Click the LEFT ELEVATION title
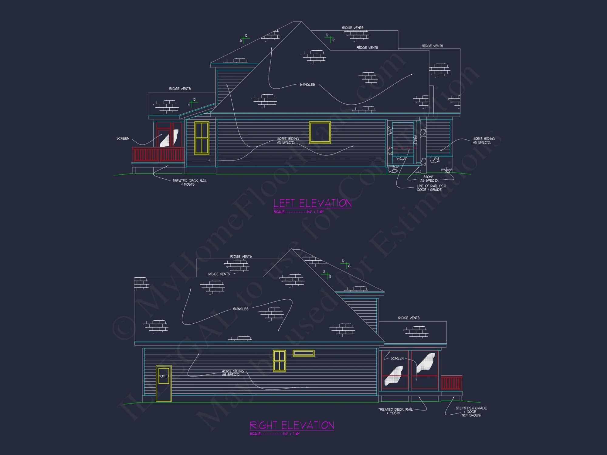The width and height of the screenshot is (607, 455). coord(313,203)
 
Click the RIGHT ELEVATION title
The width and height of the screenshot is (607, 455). coord(292,425)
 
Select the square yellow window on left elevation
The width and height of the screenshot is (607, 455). coord(320,132)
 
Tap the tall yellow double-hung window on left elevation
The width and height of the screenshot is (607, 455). coord(202,138)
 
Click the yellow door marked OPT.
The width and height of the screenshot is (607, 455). coord(164,383)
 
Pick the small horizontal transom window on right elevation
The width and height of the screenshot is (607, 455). coord(303,353)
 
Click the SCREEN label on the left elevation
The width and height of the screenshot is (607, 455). coord(123,138)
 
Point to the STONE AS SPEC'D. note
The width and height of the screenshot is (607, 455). coord(429,179)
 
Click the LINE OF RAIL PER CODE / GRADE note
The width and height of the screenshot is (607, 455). coord(431,188)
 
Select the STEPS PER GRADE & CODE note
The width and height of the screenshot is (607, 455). coord(471,412)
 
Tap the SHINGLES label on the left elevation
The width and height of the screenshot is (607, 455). coord(307,85)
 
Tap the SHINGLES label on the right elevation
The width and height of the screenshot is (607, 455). coord(241,309)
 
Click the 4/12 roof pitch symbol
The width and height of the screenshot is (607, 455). coord(192,103)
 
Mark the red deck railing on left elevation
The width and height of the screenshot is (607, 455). coord(158,155)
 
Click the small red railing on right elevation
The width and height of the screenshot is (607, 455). coord(451,383)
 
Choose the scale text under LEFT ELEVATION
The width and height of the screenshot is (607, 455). coord(299,212)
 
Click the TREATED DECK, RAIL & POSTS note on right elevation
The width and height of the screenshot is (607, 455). coord(395,411)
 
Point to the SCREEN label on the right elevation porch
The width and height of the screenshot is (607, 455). coord(397,358)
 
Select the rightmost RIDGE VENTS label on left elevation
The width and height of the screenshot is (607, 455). coord(432,46)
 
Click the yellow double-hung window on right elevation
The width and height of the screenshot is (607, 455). coord(280,361)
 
